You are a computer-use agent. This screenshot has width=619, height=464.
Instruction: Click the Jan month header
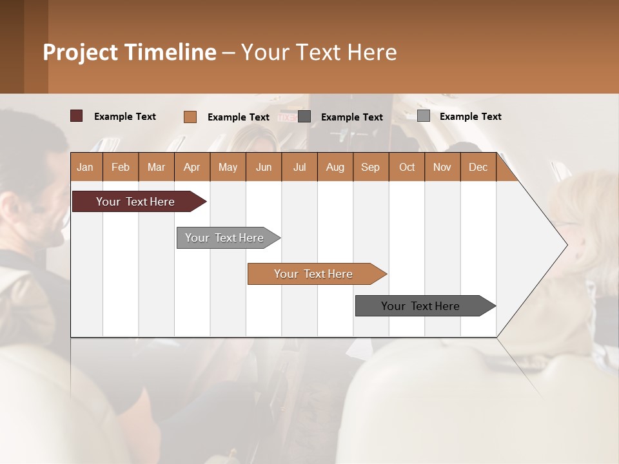click(85, 168)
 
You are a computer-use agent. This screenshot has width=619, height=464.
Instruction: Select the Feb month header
click(121, 168)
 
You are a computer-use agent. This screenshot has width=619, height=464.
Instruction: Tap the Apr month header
click(192, 168)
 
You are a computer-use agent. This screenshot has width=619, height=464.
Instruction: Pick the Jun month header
click(264, 168)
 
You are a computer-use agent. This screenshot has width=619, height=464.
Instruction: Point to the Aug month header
click(335, 168)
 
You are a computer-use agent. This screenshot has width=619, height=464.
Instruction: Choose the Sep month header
click(370, 168)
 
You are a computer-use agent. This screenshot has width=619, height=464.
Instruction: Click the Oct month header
click(407, 168)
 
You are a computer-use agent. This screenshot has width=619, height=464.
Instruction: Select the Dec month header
click(478, 168)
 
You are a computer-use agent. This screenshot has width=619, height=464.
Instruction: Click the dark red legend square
click(77, 116)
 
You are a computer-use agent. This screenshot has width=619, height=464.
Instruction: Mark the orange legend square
click(190, 117)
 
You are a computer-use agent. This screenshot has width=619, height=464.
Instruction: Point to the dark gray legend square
click(304, 117)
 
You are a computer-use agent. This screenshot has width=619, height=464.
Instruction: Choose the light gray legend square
click(424, 116)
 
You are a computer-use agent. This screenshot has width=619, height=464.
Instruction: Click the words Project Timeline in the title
click(130, 52)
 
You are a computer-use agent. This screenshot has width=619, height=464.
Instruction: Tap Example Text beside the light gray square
click(470, 117)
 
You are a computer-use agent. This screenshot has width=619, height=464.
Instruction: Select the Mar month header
click(156, 168)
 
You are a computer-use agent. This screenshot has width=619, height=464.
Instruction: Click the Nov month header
click(442, 168)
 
